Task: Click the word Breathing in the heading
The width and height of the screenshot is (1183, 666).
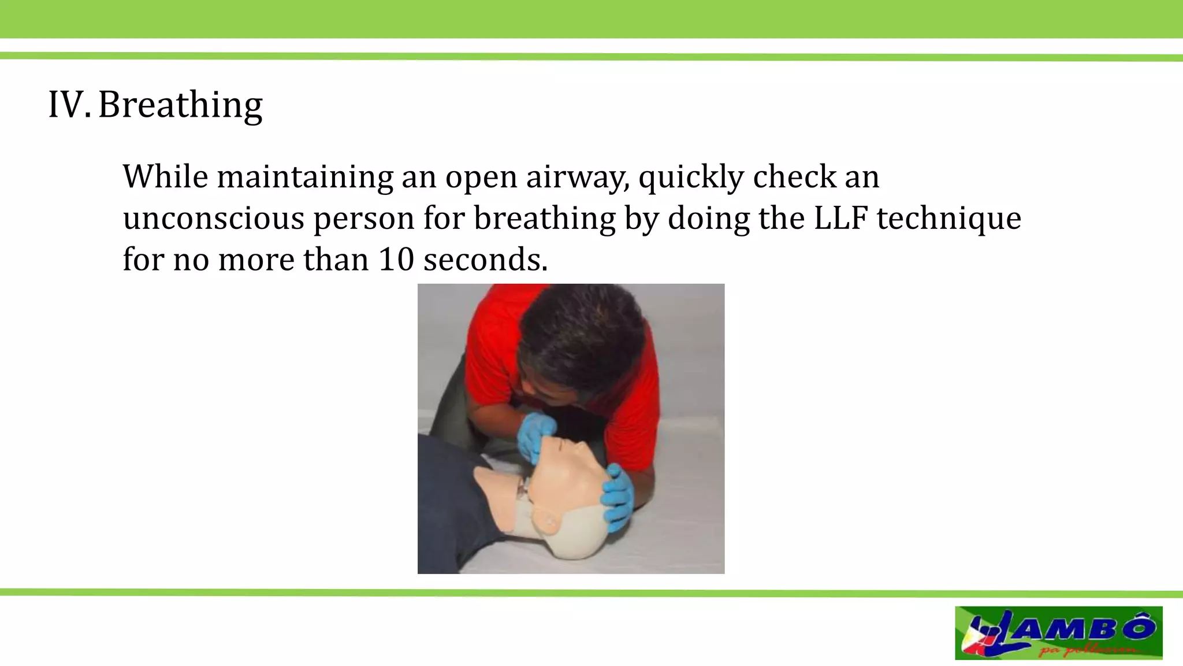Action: point(180,105)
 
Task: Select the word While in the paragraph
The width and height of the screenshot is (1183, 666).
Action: point(165,176)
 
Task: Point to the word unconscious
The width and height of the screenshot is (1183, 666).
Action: point(213,218)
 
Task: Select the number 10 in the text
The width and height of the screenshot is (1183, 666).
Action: point(396,260)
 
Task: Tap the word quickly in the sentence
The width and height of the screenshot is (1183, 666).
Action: point(691,176)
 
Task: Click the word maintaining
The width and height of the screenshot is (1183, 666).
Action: point(306,176)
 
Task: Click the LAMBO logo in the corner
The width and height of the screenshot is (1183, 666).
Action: point(1058,632)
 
